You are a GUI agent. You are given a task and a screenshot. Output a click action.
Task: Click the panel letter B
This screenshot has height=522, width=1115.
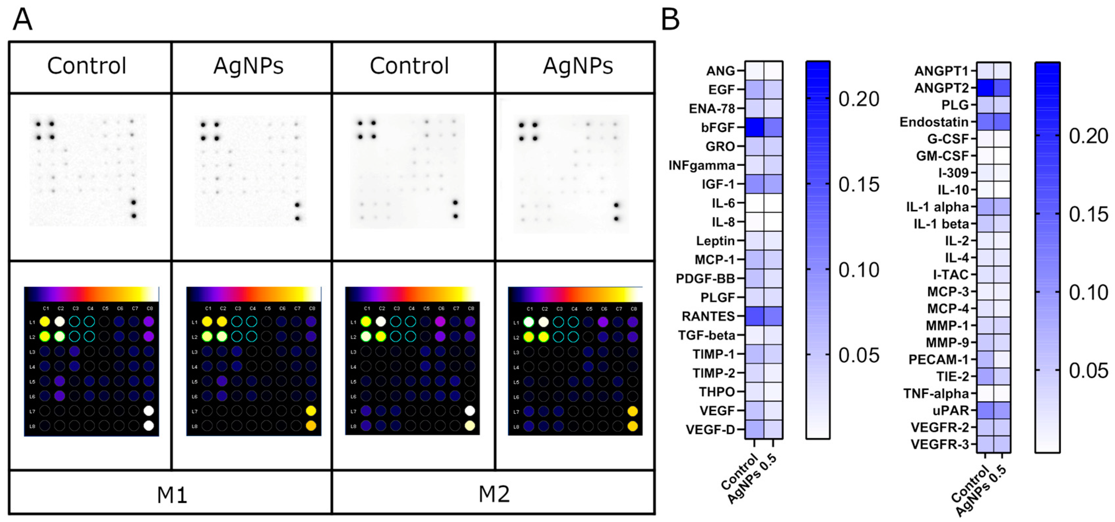click(x=670, y=19)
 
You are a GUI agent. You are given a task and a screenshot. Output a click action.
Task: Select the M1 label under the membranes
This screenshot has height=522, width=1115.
click(x=172, y=494)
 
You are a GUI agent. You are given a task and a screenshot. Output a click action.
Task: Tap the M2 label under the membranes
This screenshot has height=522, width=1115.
click(x=494, y=494)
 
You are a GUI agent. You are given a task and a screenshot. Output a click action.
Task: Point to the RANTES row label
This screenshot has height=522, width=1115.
click(x=708, y=316)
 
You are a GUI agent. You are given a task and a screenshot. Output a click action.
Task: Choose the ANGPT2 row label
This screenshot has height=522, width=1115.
click(x=941, y=88)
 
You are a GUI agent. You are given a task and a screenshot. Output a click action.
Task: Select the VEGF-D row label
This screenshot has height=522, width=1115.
click(x=710, y=429)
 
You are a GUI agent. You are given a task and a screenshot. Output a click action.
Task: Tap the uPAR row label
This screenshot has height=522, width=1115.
click(x=950, y=410)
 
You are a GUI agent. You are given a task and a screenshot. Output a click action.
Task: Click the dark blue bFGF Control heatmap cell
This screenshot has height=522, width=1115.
click(x=754, y=127)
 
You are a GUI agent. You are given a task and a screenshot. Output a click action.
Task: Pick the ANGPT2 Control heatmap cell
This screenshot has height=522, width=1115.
click(x=985, y=88)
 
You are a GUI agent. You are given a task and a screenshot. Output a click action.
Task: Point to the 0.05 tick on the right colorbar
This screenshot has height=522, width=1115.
click(x=1088, y=371)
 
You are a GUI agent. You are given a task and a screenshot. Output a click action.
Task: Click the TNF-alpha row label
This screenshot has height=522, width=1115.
click(x=936, y=393)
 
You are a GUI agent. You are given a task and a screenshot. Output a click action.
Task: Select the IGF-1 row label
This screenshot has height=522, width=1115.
click(x=718, y=184)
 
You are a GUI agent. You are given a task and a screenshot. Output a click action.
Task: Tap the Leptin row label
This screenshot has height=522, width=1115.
click(x=716, y=241)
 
